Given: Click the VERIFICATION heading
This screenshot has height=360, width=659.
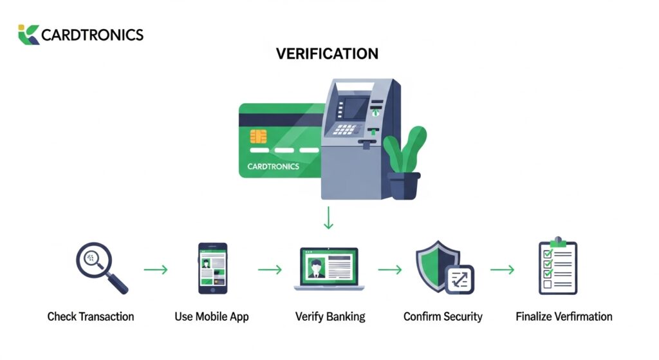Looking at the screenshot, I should [328, 53].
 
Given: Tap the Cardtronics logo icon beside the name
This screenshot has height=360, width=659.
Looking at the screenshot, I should [28, 34].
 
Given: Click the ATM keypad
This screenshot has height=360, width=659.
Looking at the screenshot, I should [345, 129].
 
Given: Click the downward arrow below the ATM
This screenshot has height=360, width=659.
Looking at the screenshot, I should [329, 218].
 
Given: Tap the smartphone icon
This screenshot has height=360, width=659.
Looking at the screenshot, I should [212, 269].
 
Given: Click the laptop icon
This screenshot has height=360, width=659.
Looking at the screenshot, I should [329, 269].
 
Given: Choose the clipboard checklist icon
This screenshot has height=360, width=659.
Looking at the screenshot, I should [557, 268].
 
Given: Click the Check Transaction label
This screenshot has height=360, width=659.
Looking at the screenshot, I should [91, 317].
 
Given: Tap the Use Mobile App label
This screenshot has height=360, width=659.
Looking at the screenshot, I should [212, 317].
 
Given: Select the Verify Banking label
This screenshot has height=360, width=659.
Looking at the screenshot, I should [330, 317].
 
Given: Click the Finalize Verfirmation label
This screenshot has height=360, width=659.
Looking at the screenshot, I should [564, 317].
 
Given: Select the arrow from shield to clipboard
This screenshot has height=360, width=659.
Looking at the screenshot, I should [502, 269].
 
